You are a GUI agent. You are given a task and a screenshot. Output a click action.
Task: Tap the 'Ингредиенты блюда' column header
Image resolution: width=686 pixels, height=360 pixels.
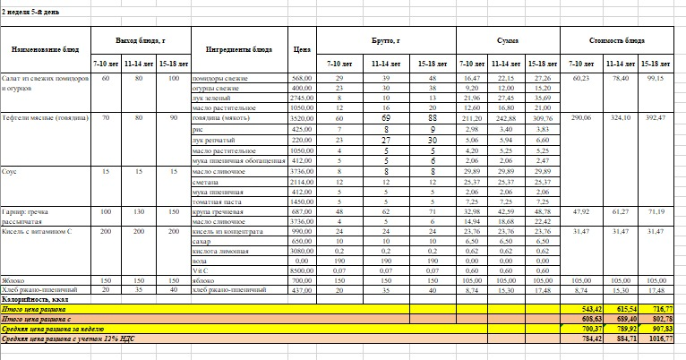(239, 49)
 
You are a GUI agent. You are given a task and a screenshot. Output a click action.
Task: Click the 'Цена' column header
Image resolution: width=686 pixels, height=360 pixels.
(302, 49)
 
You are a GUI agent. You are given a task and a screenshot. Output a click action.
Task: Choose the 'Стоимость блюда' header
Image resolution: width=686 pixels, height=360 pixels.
(617, 41)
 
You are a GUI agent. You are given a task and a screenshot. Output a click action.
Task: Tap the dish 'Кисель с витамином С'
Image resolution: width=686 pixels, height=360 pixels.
(38, 230)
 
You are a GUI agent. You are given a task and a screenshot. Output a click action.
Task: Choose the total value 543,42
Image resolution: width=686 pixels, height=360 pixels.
(584, 307)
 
